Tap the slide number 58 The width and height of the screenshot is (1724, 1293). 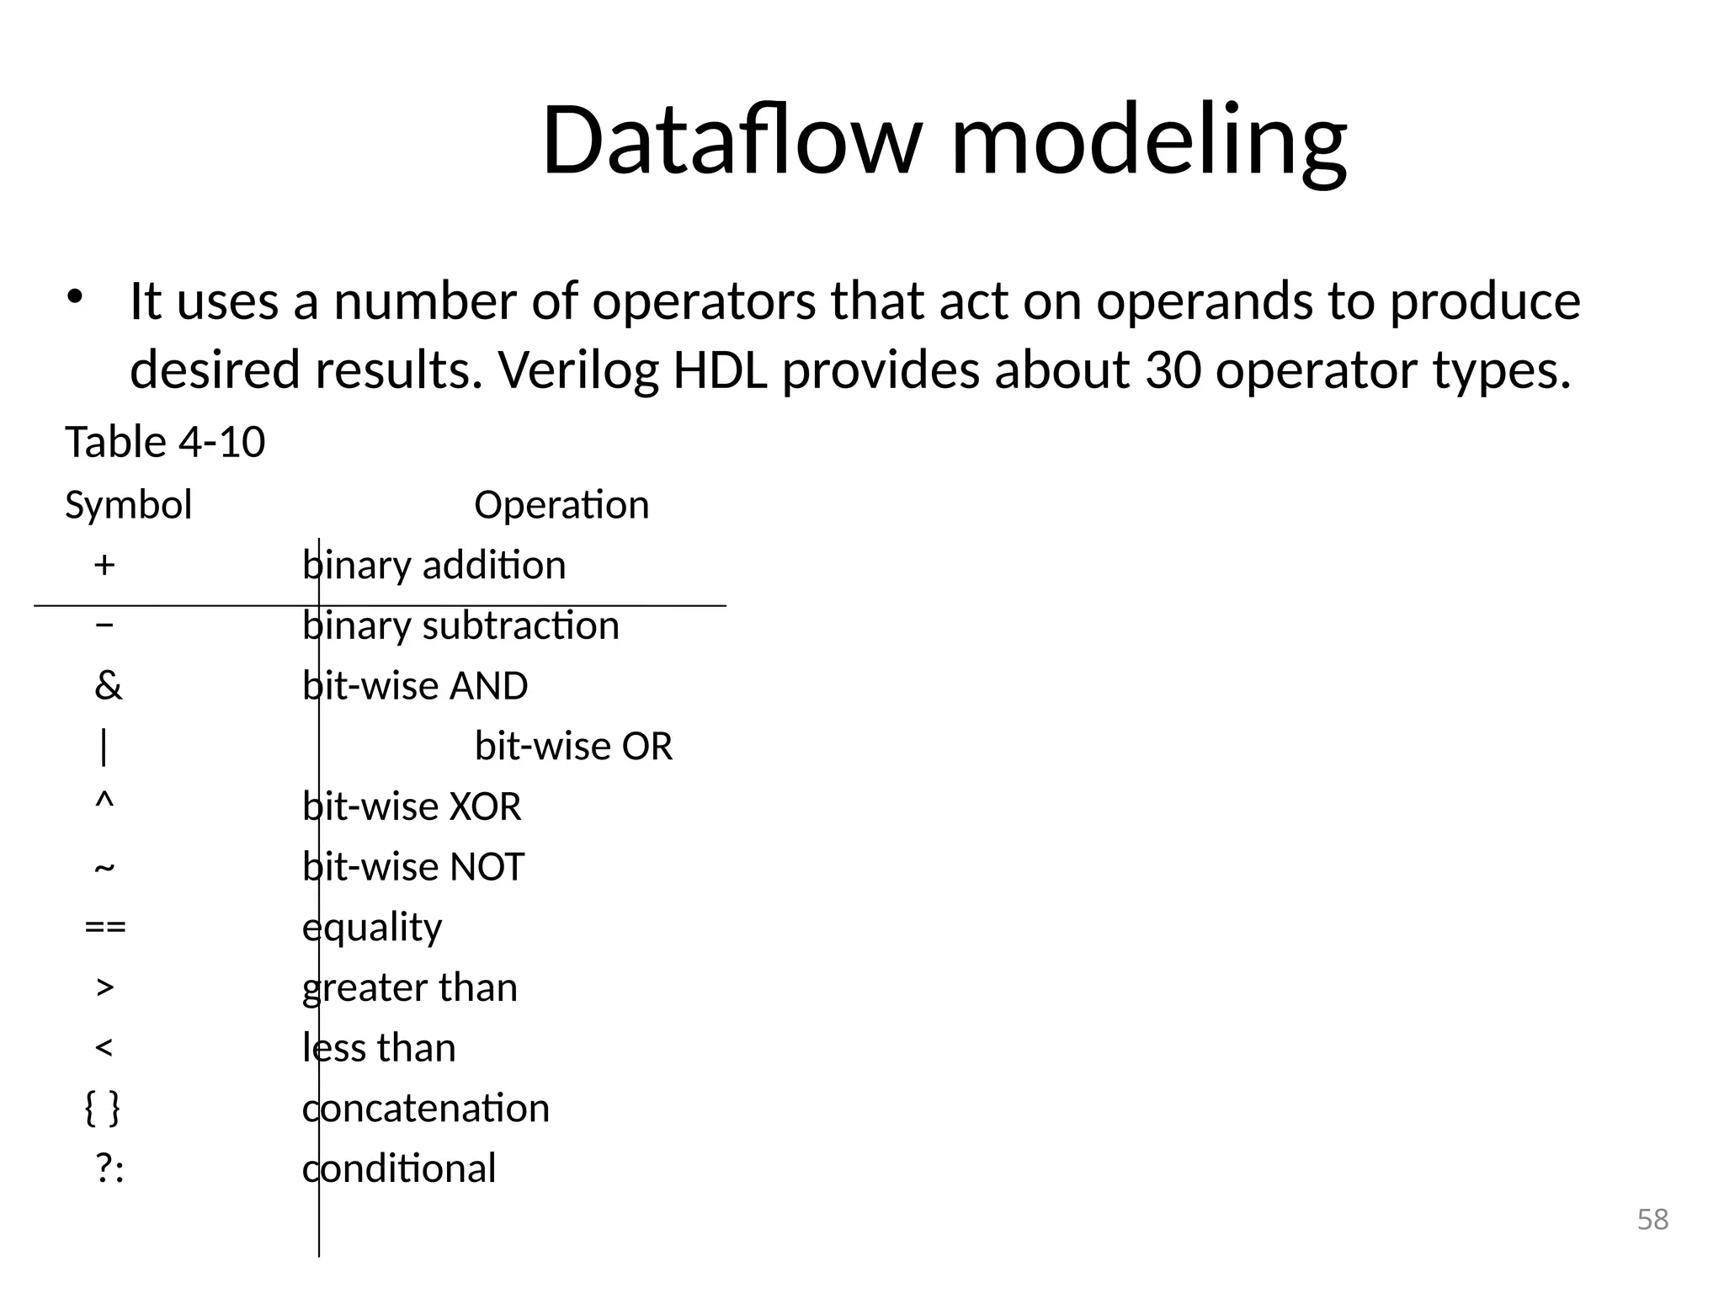pos(1652,1219)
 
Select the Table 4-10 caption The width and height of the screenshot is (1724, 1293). pos(165,442)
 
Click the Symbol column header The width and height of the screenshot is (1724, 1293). pos(128,505)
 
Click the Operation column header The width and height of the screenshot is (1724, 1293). pos(561,505)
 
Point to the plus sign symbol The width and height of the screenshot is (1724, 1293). pos(104,565)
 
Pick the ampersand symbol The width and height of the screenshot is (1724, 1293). pos(108,685)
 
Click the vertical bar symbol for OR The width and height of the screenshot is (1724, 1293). pos(104,746)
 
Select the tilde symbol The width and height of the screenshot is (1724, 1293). pos(104,867)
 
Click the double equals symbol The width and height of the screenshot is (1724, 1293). pos(105,927)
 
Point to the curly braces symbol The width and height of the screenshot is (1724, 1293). pos(103,1108)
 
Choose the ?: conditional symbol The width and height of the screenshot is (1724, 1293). pos(109,1168)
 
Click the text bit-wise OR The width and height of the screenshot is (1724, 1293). pos(573,746)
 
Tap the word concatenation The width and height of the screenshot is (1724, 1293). pos(426,1108)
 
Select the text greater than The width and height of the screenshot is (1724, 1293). pos(410,987)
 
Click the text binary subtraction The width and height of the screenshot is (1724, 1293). pos(460,625)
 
